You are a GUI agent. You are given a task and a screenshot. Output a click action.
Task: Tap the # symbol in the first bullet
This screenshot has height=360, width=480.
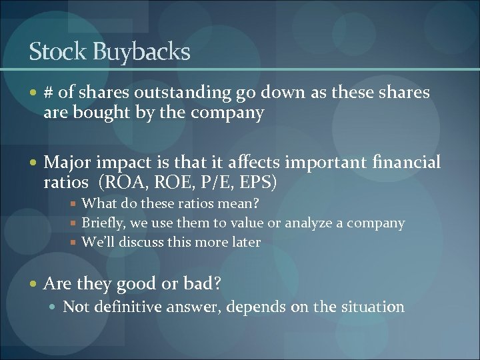(x=49, y=92)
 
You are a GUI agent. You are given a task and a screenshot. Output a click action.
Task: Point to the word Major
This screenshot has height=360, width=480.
(x=68, y=162)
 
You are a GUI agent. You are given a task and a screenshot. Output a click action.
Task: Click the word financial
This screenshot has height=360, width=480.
(x=407, y=162)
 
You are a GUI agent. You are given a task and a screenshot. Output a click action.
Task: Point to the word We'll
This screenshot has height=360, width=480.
(x=97, y=242)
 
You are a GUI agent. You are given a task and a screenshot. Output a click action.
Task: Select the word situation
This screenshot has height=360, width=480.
(x=372, y=307)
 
